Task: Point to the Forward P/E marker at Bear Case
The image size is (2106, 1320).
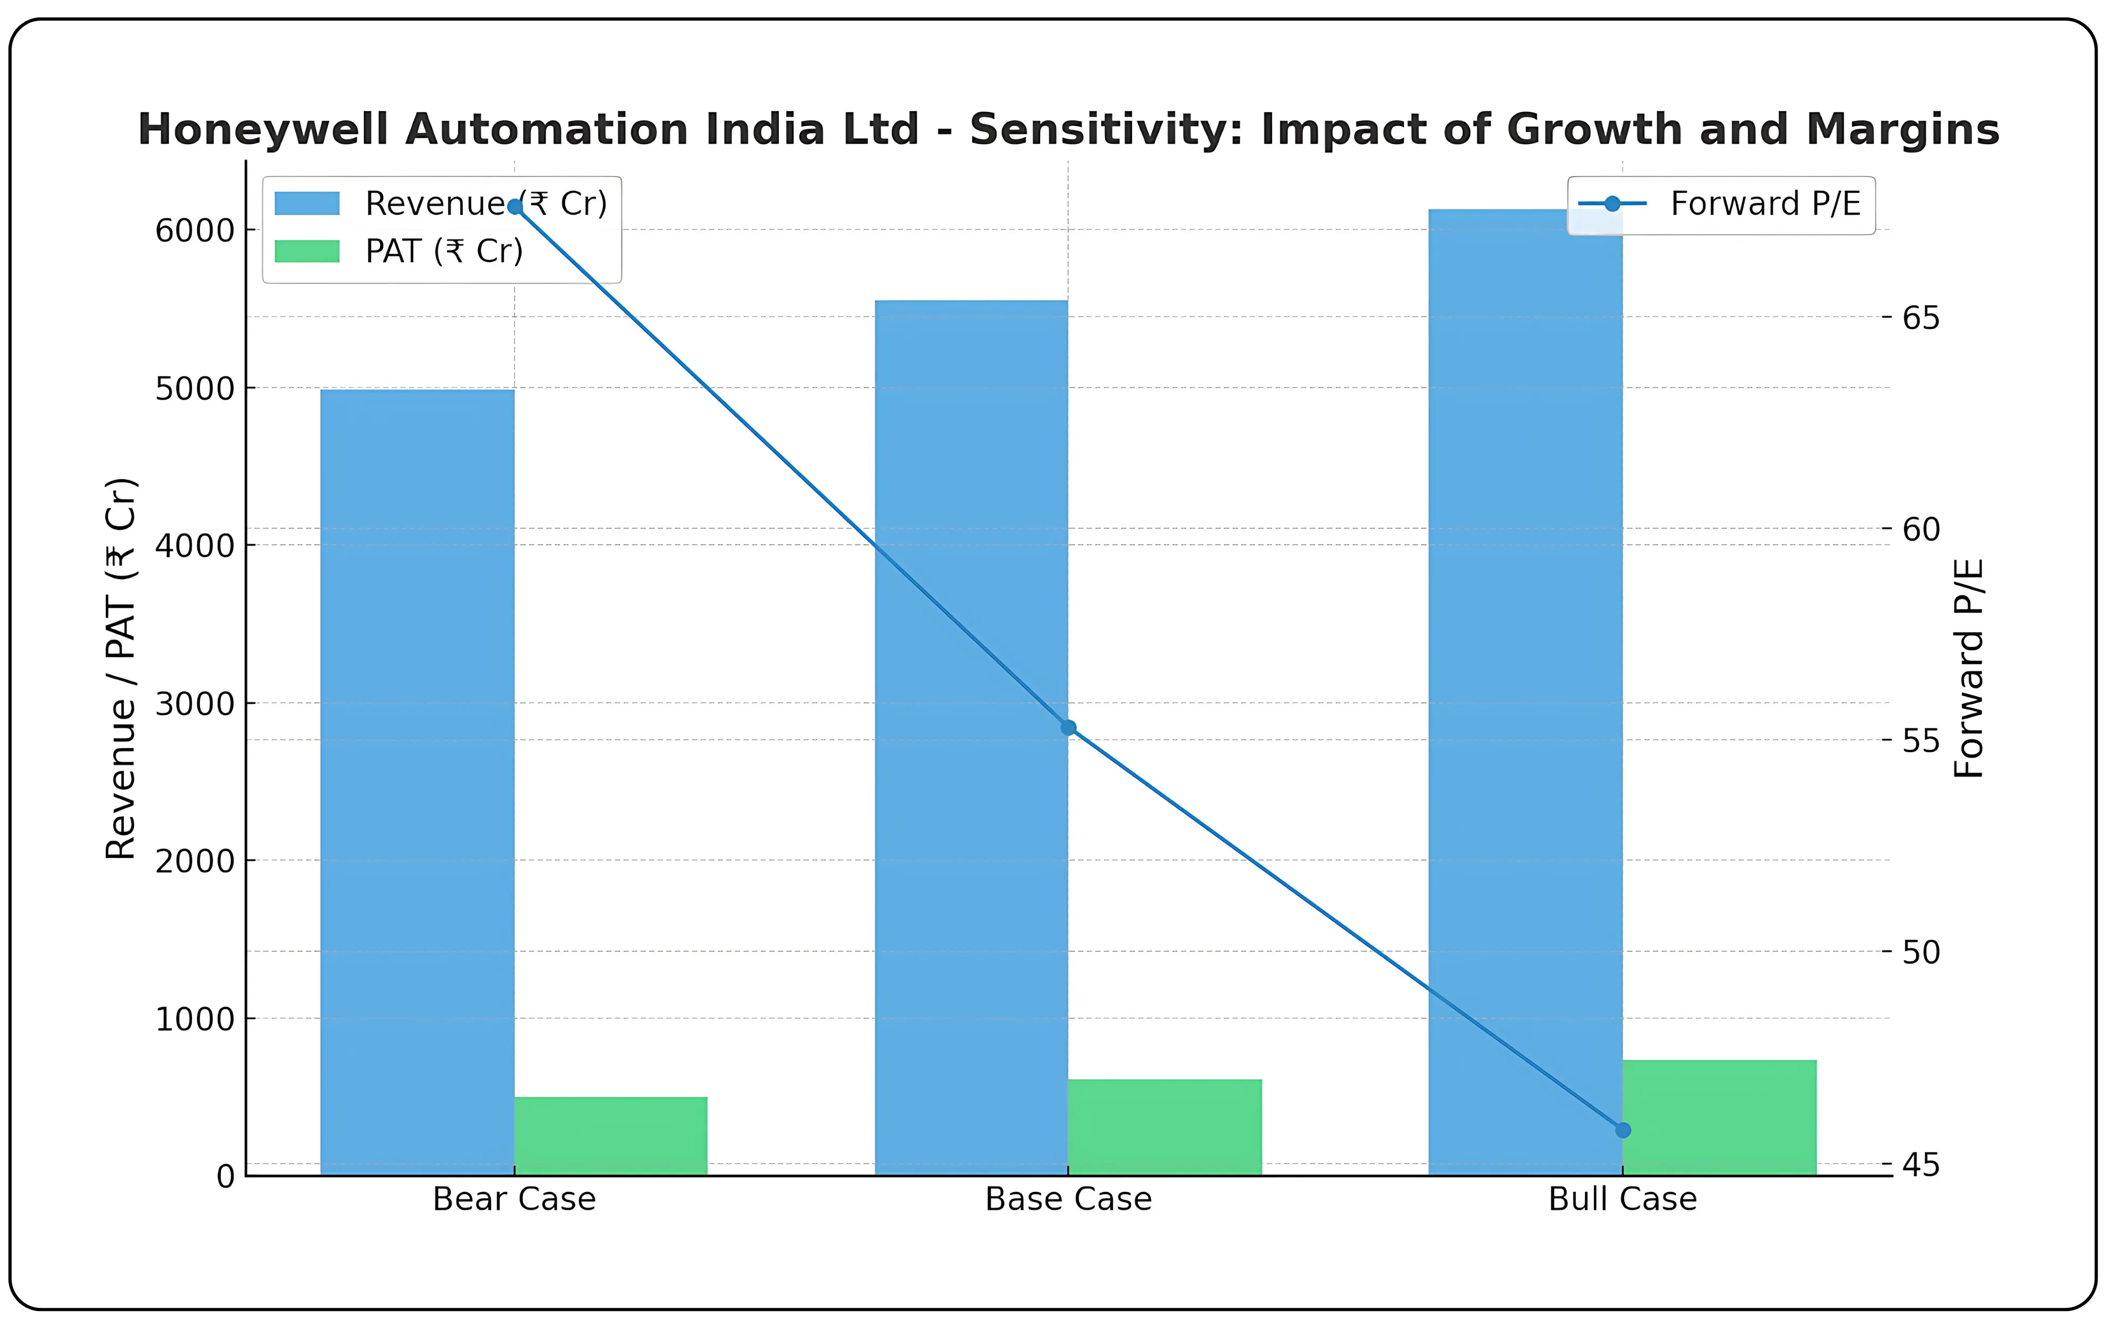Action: (515, 207)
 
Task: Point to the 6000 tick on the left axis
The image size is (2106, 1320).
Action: (195, 230)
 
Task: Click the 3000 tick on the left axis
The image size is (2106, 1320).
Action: (195, 704)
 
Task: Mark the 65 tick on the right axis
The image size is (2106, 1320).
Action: (1921, 318)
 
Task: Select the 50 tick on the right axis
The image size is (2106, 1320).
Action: (1921, 952)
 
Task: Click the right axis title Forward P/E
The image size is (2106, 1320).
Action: (1969, 668)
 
